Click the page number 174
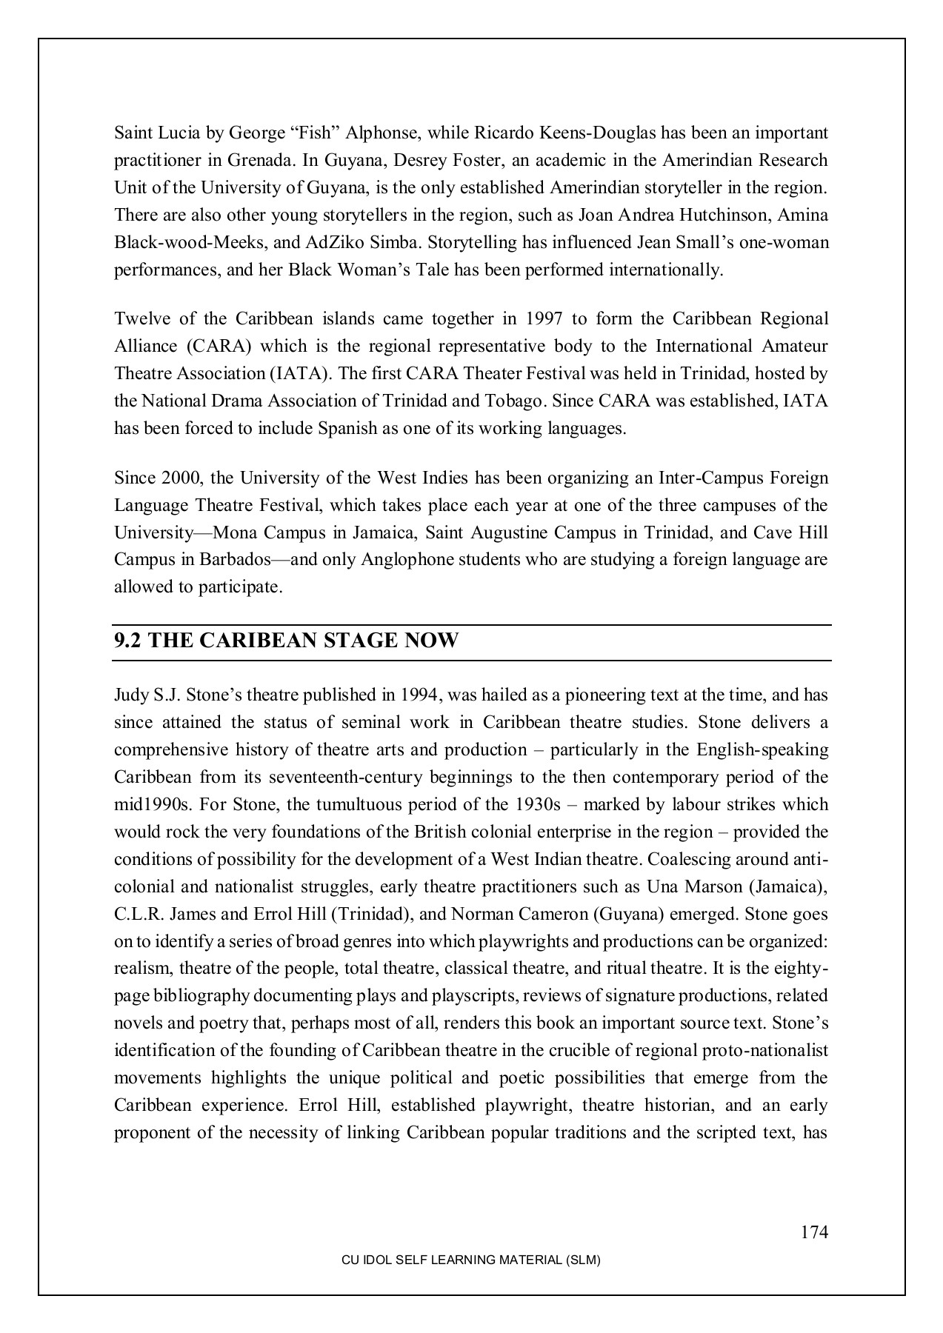point(813,1232)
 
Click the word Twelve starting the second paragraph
point(138,318)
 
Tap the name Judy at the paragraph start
point(131,695)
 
